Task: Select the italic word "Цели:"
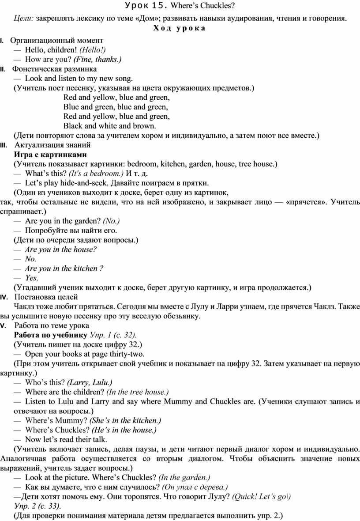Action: pos(24,18)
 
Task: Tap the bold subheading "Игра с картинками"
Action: pos(50,155)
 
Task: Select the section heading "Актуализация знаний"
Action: pos(52,145)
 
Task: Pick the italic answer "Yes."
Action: pos(32,278)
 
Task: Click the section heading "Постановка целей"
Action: pos(46,297)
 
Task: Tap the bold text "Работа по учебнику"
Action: pos(51,335)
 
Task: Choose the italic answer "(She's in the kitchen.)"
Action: pos(125,420)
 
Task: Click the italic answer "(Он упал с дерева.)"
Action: pos(195,487)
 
